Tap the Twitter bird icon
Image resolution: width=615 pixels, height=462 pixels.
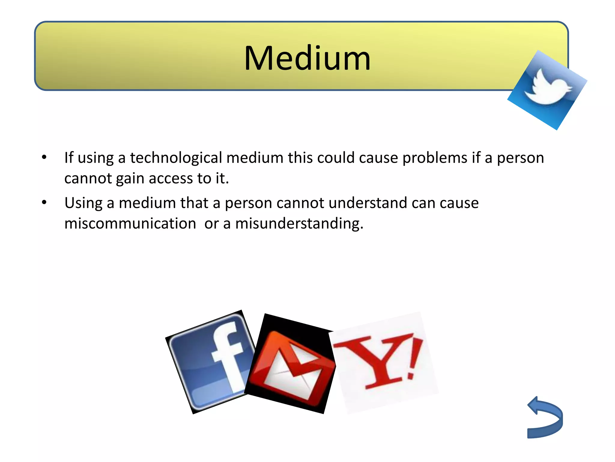click(x=547, y=90)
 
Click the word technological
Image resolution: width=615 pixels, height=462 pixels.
click(x=176, y=158)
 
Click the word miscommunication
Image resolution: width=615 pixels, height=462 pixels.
click(x=130, y=223)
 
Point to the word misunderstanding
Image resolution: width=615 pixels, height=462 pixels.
click(x=299, y=223)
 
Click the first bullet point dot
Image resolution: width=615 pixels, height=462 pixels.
click(x=44, y=157)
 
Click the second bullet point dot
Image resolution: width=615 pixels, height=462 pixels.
click(x=44, y=202)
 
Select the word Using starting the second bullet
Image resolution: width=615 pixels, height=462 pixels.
click(x=83, y=203)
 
